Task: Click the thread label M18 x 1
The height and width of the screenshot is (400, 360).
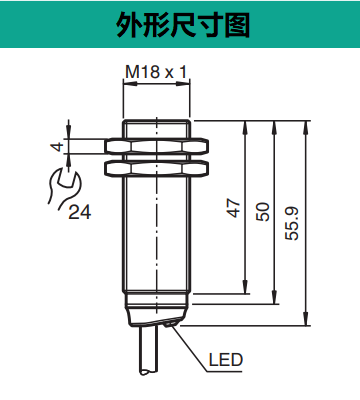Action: click(x=157, y=72)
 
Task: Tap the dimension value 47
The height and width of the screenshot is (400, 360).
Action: click(x=234, y=208)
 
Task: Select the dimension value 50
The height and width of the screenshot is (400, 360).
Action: click(x=263, y=212)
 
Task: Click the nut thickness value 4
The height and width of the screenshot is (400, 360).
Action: click(x=59, y=147)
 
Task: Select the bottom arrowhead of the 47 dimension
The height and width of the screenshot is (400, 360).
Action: click(x=244, y=292)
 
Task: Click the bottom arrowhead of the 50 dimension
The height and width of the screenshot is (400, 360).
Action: click(x=273, y=300)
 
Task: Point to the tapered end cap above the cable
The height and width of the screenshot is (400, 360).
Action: click(x=157, y=318)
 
